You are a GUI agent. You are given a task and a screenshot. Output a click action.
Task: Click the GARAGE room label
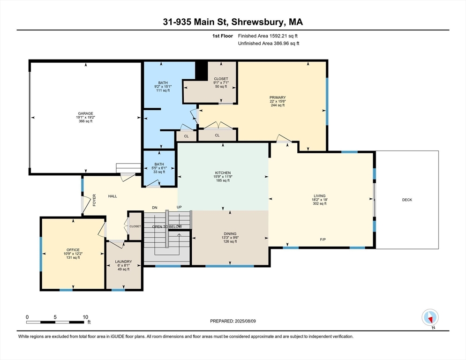point(86,113)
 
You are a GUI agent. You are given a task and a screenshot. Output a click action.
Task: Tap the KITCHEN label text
point(223,172)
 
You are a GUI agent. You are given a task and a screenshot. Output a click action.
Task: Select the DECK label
point(407,200)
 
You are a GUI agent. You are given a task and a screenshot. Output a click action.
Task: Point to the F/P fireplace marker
point(323,240)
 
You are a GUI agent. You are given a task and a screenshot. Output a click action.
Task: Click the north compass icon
point(430,318)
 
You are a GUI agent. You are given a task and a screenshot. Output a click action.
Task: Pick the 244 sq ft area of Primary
point(278,105)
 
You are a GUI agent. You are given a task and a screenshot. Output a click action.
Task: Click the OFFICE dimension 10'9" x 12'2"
point(73,254)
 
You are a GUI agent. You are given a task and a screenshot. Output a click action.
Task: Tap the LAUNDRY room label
point(123,262)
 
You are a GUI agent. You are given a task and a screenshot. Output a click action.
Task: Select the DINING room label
point(230,233)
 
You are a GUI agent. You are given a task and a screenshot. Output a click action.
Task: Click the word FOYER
point(94,200)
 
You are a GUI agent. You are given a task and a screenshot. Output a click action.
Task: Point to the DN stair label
point(155,208)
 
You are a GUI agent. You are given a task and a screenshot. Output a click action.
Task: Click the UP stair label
point(179,207)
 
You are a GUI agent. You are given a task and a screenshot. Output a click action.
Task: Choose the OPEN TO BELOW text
point(167,226)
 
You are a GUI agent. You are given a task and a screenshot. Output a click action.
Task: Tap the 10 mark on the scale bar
point(85,317)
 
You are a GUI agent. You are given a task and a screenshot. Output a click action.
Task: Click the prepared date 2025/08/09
point(246,321)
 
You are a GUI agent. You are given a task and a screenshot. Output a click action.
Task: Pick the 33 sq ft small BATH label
point(159,172)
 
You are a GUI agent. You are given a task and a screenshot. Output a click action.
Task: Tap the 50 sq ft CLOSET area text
point(221,87)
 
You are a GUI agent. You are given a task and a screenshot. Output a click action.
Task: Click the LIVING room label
point(320,196)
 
